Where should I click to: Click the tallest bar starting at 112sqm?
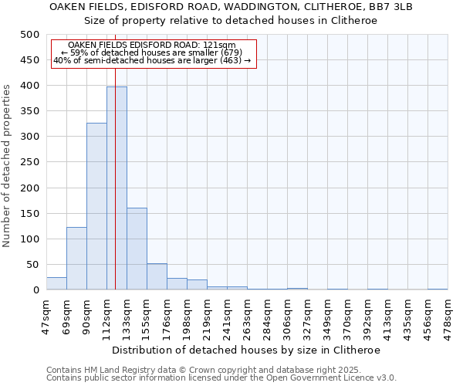[117, 188]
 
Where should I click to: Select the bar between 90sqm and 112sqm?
[96, 206]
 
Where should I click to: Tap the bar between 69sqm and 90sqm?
[76, 259]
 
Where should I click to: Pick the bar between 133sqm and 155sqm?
[137, 249]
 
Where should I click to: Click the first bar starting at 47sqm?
[56, 283]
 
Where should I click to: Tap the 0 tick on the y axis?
[35, 290]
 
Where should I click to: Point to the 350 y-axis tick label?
[30, 111]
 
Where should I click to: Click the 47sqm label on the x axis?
[47, 312]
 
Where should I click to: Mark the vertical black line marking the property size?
[115, 170]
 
